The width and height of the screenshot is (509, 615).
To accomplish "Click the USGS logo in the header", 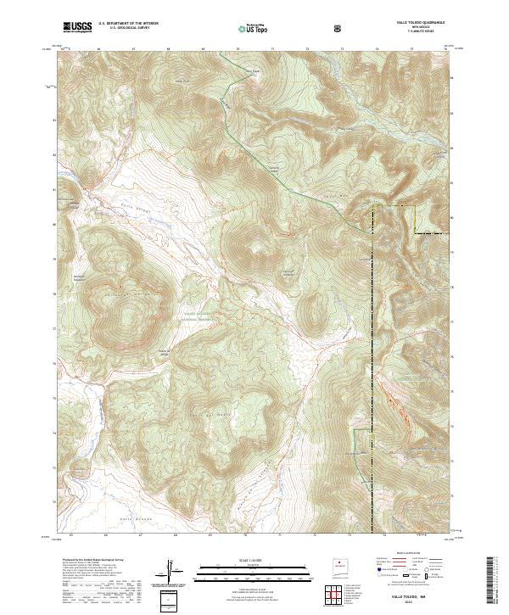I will [78, 28].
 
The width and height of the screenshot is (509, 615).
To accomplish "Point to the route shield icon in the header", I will [339, 29].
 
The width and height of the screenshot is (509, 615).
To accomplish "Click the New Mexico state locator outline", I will [340, 563].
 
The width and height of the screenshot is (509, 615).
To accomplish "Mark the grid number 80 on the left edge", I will [57, 225].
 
